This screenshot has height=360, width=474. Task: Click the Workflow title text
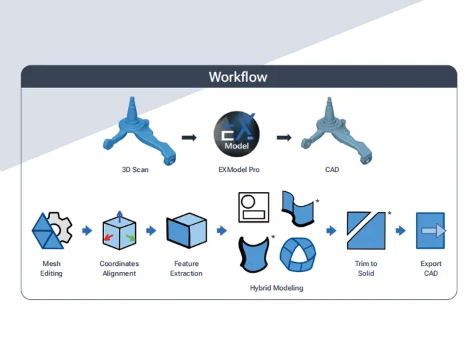tap(238, 77)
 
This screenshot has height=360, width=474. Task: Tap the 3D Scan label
tap(135, 169)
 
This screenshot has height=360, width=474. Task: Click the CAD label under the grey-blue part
tap(332, 169)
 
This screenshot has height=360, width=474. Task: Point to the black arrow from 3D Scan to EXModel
tap(189, 137)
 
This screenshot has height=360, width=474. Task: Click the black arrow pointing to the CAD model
tap(284, 137)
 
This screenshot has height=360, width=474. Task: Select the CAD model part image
tap(333, 131)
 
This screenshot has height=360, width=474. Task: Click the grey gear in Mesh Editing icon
tap(61, 230)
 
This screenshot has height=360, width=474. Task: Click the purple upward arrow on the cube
tap(119, 217)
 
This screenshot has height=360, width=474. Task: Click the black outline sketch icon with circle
tap(253, 207)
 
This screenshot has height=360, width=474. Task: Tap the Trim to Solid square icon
tap(366, 231)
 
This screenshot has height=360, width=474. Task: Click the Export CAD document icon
tap(430, 231)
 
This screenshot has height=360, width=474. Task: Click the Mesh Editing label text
tap(51, 269)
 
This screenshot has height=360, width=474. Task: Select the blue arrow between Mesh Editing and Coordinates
tap(86, 231)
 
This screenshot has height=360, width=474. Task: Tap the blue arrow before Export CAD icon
tap(401, 231)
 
